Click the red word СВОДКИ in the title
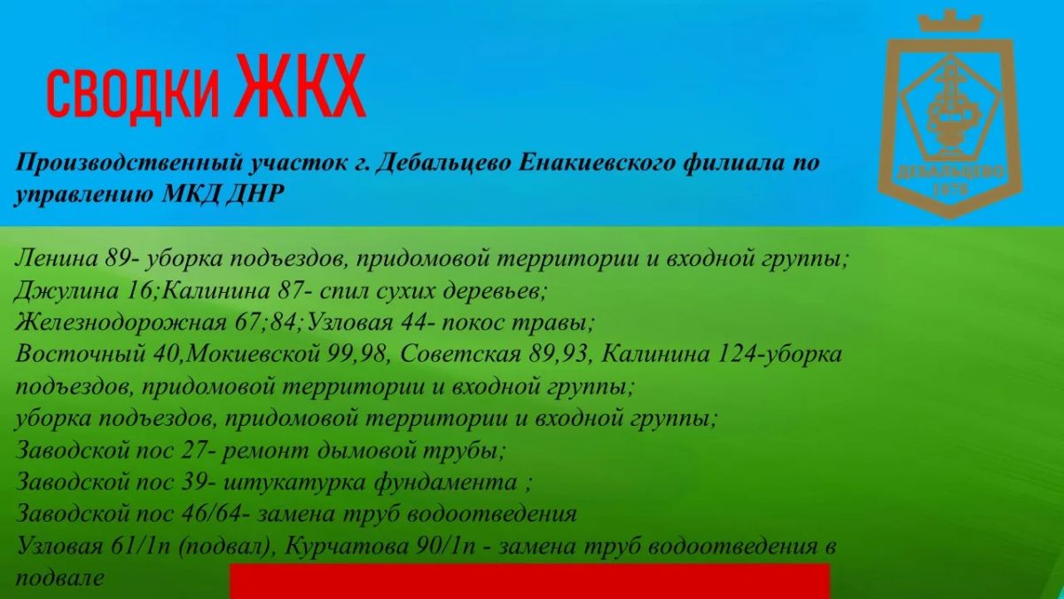[133, 94]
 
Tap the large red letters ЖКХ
[301, 85]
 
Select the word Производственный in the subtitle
[131, 164]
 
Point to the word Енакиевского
[596, 163]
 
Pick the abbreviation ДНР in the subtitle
[256, 193]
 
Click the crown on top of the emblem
[950, 21]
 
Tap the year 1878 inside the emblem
[950, 190]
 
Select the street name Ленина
[57, 258]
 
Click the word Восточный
[81, 355]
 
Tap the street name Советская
[460, 355]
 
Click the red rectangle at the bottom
[530, 581]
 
